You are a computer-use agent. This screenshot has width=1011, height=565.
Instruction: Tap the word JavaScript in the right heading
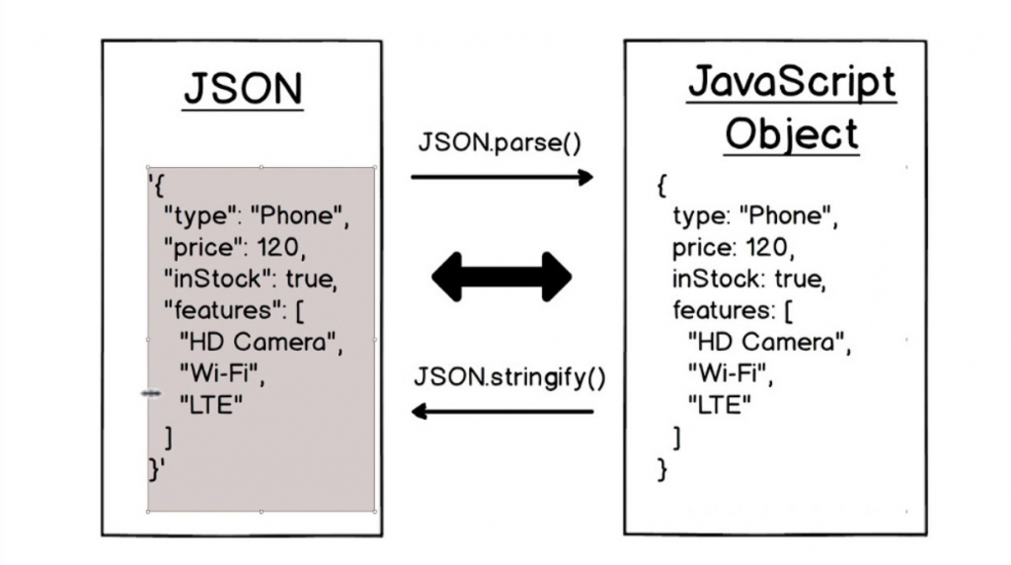pos(792,82)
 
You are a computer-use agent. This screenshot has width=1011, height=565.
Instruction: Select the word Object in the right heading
pos(792,133)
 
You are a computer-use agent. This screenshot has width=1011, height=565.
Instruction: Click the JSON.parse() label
pos(500,142)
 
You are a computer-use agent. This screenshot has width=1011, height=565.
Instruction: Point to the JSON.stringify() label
pos(509,377)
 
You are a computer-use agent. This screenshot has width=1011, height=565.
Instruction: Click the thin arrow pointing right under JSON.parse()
pos(503,177)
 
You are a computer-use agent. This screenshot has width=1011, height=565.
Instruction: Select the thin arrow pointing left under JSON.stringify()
pos(503,411)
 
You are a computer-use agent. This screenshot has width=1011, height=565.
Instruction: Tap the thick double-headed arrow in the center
pos(502,278)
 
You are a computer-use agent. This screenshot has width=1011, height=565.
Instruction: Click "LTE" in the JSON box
pos(211,405)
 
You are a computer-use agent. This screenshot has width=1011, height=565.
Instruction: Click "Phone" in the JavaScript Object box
pos(785,214)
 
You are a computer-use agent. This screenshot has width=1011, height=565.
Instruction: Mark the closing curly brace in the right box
pos(662,469)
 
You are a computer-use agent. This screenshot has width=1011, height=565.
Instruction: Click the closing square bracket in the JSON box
pos(169,438)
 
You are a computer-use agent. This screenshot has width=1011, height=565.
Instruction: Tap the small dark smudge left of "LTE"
pos(151,393)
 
